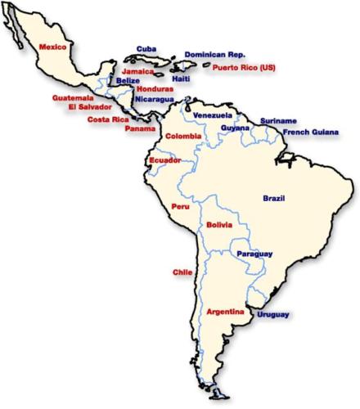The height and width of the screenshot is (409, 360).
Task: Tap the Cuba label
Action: [146, 49]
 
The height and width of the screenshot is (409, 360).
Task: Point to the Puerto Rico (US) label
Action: [244, 68]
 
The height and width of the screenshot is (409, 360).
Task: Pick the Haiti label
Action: [182, 79]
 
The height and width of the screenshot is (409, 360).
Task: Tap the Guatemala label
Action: [73, 97]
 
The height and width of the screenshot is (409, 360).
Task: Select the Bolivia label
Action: [218, 225]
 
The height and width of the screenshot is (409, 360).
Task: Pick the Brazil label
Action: [273, 199]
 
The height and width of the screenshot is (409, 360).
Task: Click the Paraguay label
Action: [254, 254]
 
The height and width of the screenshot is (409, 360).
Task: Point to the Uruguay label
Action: [272, 314]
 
